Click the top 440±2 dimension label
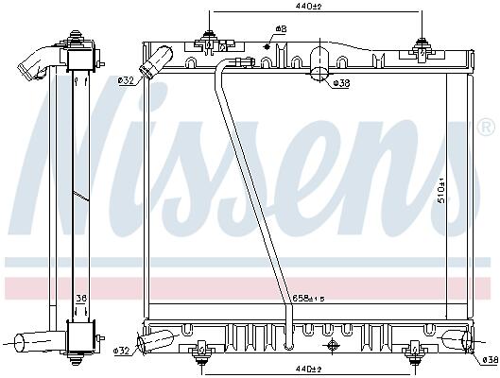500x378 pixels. tap(308, 6)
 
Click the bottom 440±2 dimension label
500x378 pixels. tap(308, 369)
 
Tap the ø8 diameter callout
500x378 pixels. tap(281, 28)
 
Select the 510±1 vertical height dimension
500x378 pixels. tap(441, 191)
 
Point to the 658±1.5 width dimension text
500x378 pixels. tap(308, 299)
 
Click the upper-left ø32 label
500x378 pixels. tap(126, 81)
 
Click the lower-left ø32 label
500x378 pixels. tap(121, 351)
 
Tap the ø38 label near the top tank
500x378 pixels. tap(341, 83)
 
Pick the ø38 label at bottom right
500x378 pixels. tap(491, 360)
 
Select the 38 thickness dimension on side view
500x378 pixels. tap(81, 299)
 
